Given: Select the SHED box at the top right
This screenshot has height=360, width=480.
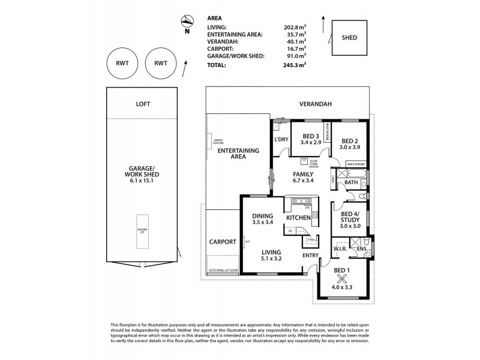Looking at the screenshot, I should click(349, 38).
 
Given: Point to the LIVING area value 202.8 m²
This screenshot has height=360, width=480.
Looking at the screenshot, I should click(294, 27).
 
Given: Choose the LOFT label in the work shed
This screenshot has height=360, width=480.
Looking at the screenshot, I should click(143, 104).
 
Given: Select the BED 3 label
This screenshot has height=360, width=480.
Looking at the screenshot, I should click(310, 136).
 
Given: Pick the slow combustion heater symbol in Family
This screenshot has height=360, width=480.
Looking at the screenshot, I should click(304, 161).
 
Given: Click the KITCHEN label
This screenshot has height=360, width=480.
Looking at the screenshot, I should click(298, 217).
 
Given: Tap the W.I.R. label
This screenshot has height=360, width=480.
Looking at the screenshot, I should click(340, 249).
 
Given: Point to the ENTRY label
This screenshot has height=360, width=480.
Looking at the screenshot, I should click(310, 256).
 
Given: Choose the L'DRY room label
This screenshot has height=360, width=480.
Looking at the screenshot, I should click(281, 140).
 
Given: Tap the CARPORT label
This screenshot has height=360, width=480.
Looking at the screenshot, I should click(222, 242).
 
